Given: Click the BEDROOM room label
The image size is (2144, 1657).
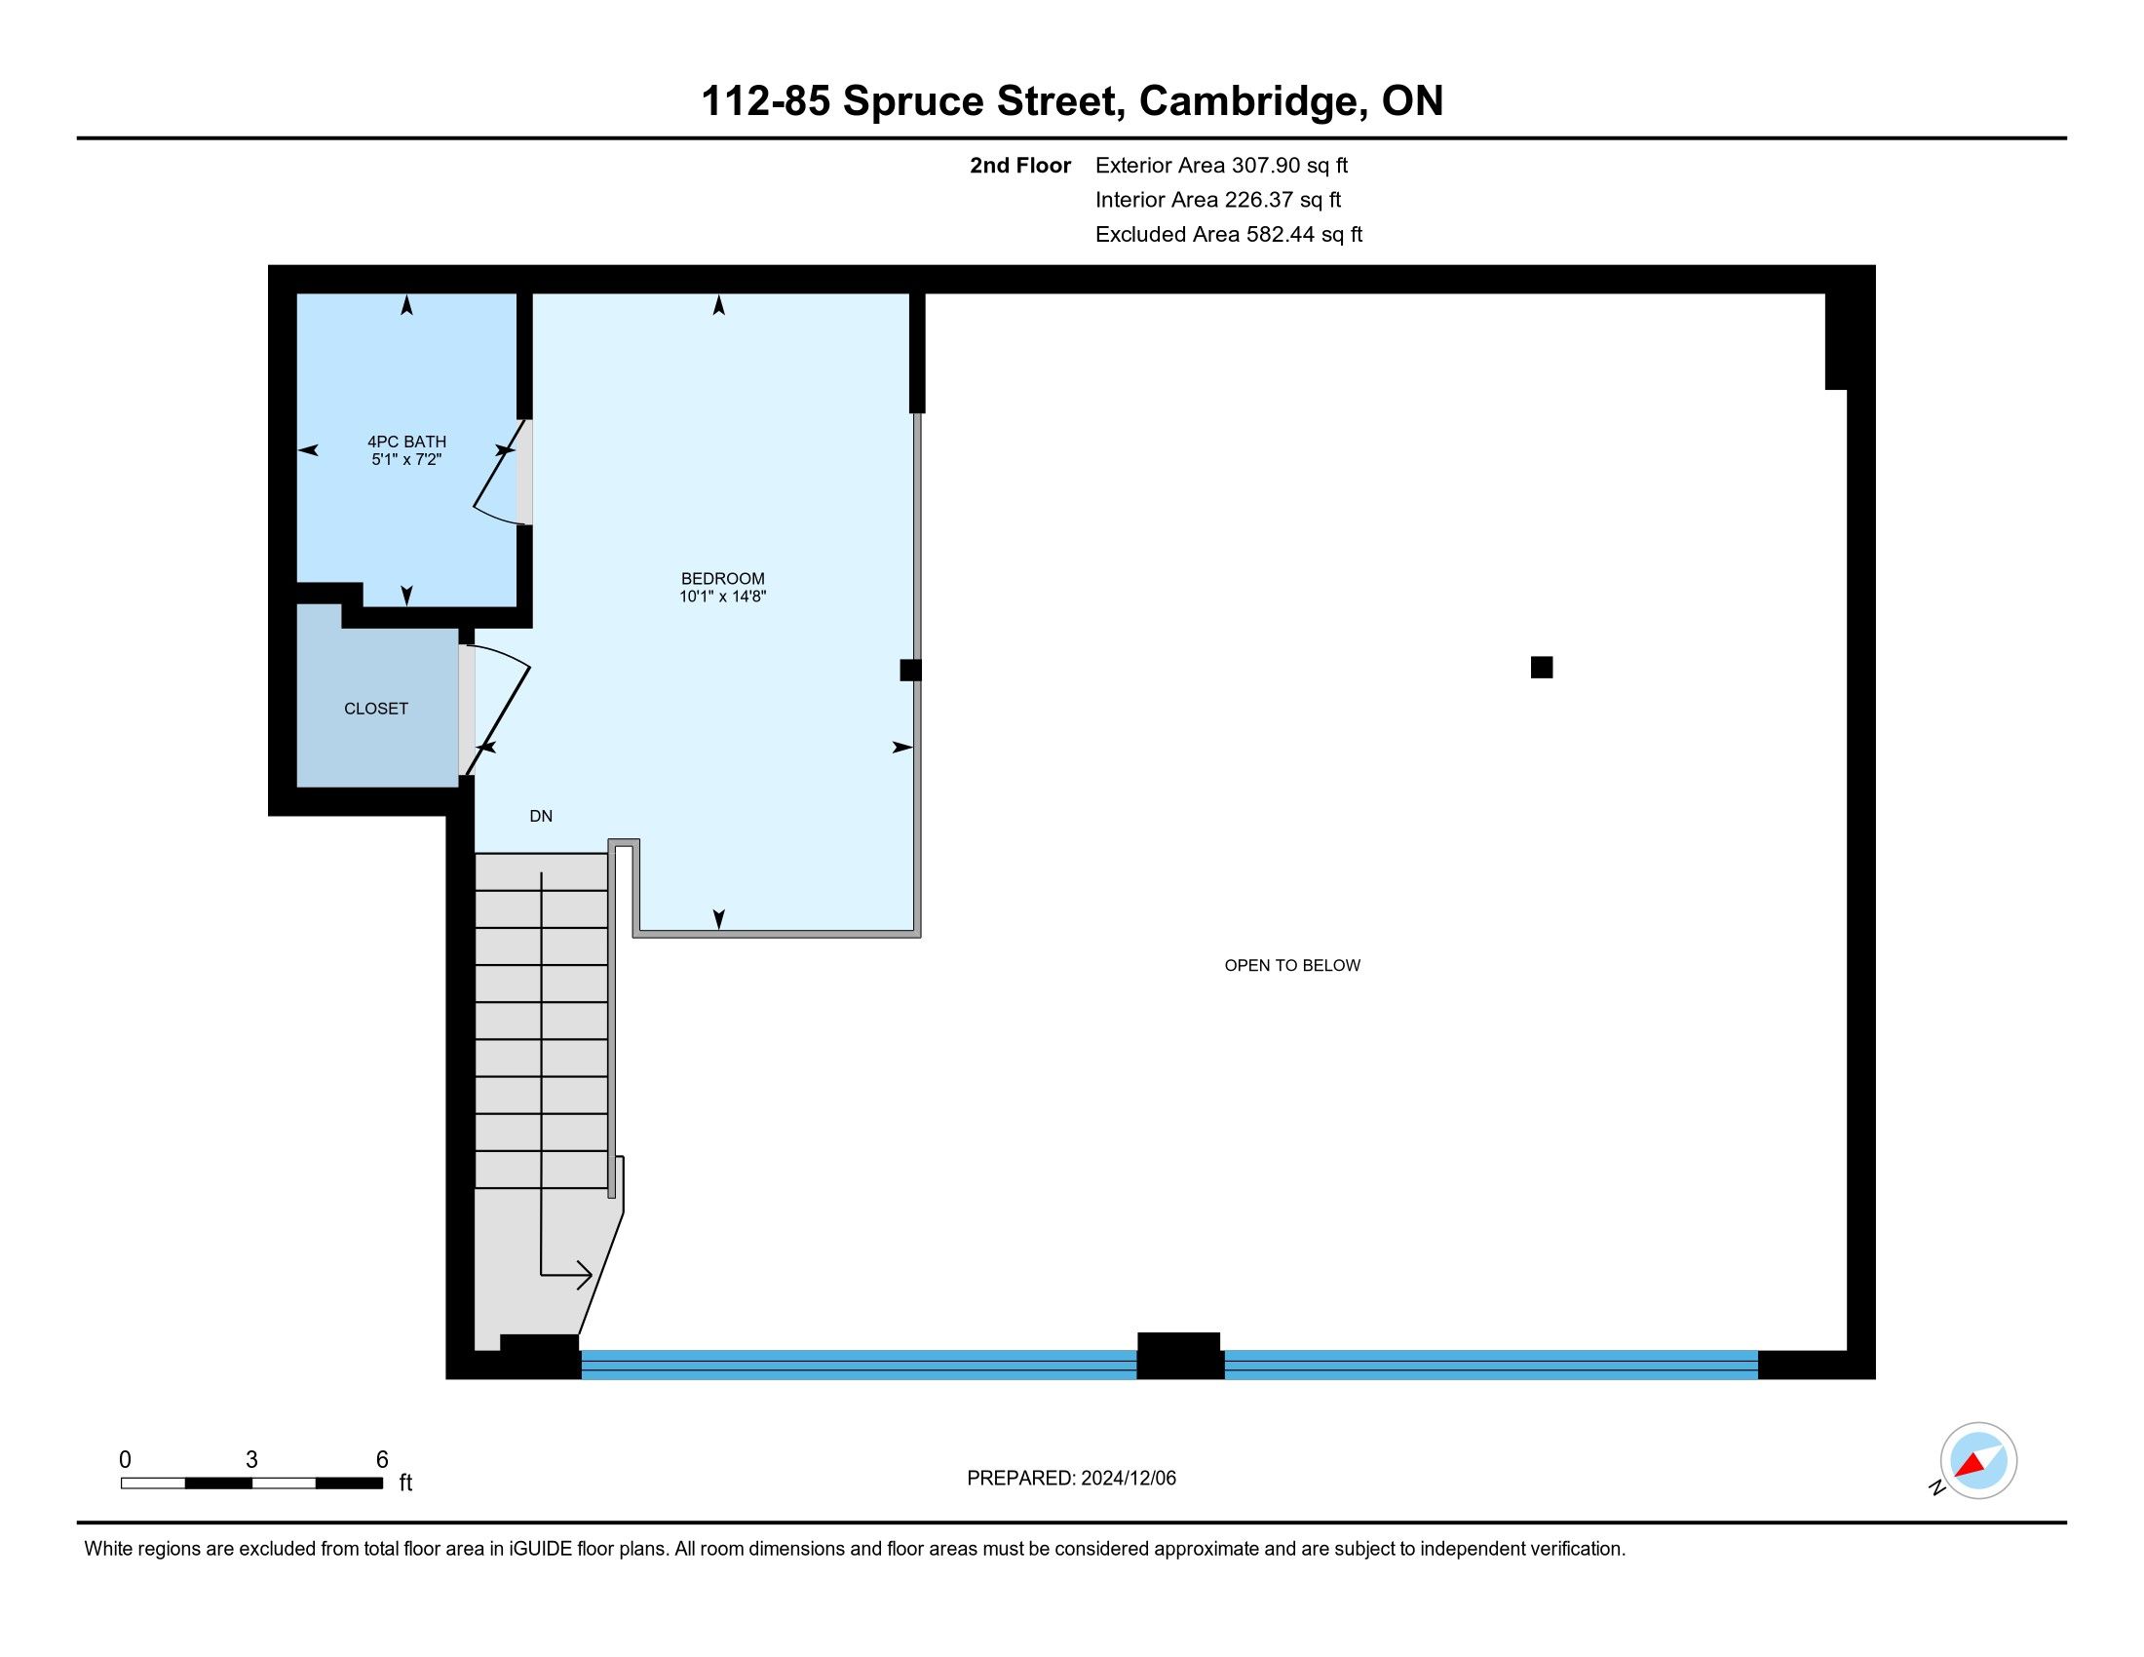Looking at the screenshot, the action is click(x=722, y=579).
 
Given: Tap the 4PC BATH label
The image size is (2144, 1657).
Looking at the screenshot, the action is click(x=406, y=442).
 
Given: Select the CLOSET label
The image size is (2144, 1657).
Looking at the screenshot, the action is click(x=376, y=709).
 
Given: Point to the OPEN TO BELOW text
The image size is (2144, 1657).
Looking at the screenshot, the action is click(x=1292, y=965).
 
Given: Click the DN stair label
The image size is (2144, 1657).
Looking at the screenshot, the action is click(x=541, y=816).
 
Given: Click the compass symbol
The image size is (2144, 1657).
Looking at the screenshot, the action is click(x=1978, y=1461).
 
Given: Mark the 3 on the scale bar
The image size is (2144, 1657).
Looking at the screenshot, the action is click(x=252, y=1460).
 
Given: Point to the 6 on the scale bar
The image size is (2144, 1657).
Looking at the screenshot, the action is click(x=383, y=1460).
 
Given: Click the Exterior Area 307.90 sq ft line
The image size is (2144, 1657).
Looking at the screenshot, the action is click(x=1221, y=165).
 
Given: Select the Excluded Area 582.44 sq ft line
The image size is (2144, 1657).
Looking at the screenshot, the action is click(x=1229, y=234).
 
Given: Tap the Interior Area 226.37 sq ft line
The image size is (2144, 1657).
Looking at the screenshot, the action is click(x=1218, y=199).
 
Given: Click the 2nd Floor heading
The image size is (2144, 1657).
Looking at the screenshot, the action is click(x=1020, y=165).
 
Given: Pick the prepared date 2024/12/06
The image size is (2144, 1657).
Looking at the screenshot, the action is click(x=1128, y=1479).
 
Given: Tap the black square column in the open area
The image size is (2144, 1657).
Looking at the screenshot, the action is click(x=1542, y=668).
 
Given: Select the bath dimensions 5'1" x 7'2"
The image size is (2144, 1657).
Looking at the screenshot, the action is click(x=406, y=459).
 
